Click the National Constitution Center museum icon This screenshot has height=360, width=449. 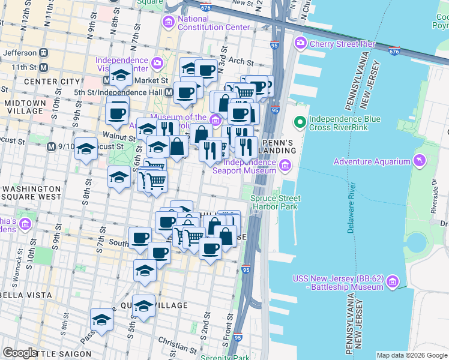coord(169,23)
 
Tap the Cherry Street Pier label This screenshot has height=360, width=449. coord(343,43)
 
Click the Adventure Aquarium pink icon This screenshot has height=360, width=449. coord(419,161)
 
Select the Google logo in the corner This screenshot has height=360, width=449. coord(20,353)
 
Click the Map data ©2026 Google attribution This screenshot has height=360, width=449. coord(411,355)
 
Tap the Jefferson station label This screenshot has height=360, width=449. coord(19,53)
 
